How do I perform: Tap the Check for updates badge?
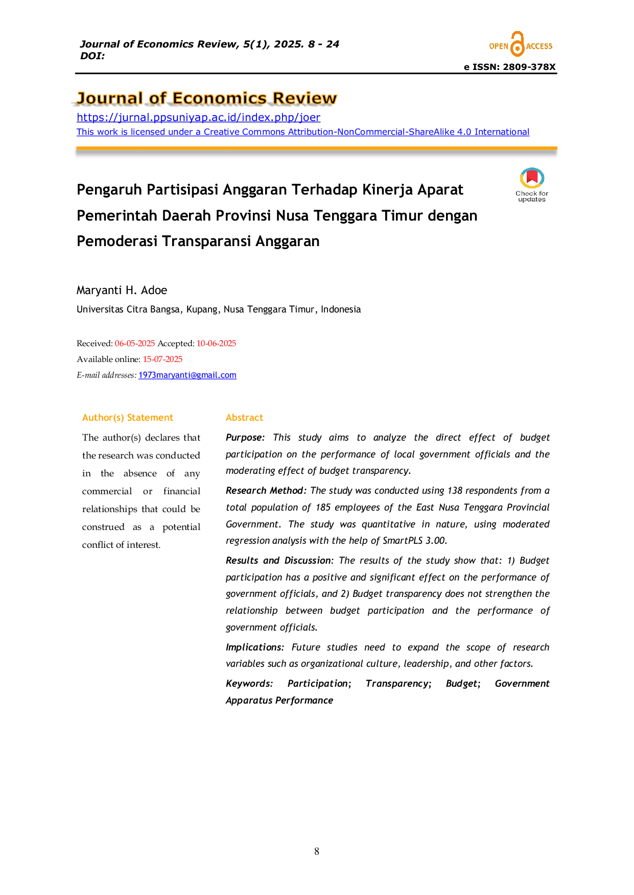532,184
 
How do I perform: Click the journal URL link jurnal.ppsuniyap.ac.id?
198,117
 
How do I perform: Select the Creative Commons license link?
303,132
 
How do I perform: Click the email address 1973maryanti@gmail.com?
187,375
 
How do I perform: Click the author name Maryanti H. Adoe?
122,290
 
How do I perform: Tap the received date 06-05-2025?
135,343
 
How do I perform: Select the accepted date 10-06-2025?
216,343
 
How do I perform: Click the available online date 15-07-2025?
162,359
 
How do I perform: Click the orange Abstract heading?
244,418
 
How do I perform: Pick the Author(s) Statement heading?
128,418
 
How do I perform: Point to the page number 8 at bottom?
317,851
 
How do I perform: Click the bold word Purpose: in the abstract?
245,438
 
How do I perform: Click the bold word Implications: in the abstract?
255,647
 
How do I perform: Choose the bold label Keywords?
249,684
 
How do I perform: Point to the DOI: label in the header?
92,56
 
